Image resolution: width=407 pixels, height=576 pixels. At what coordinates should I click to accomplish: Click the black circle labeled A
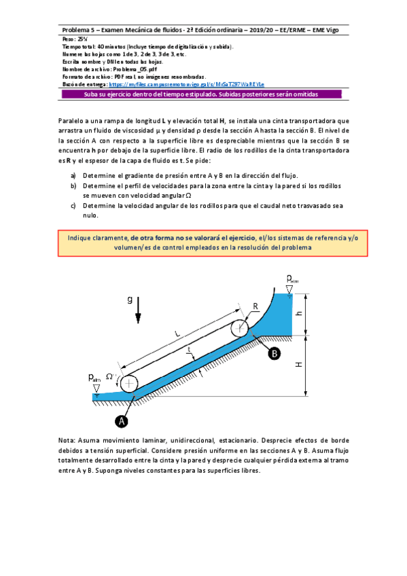click(122, 421)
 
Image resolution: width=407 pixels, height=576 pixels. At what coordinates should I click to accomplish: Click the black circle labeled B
click(274, 353)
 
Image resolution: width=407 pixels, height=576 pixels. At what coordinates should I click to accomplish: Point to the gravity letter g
click(130, 300)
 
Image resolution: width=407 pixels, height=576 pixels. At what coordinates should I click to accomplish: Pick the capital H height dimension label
click(299, 365)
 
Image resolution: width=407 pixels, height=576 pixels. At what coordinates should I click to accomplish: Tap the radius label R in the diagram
click(255, 306)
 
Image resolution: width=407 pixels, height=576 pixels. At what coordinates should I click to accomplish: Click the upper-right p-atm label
click(291, 278)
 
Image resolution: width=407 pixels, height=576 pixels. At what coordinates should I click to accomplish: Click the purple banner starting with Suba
click(203, 95)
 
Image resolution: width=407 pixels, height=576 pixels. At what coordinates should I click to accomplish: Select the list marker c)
click(73, 204)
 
